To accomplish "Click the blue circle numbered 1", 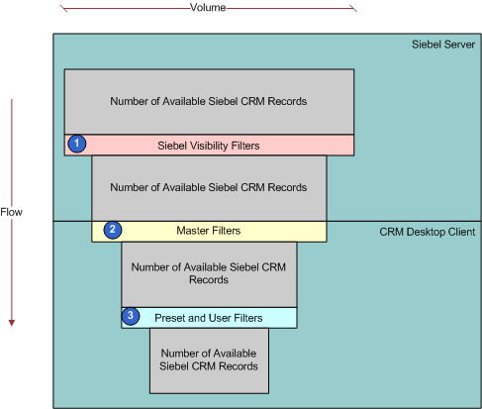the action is [77, 144].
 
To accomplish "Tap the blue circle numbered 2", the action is [113, 230].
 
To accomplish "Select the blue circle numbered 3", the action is [131, 316].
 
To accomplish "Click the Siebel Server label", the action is [443, 45].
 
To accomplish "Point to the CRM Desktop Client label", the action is [428, 232].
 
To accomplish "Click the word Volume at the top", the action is [208, 7].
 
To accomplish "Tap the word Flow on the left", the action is [11, 212].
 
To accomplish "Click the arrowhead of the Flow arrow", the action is [12, 323].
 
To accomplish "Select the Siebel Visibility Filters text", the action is [209, 146].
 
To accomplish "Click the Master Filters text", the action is [209, 231].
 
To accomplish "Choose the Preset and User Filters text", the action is [209, 318].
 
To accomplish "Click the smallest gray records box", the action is [209, 360].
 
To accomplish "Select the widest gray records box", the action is [209, 102].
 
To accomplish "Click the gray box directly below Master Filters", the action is [209, 274].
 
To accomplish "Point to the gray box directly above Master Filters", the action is [209, 188].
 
